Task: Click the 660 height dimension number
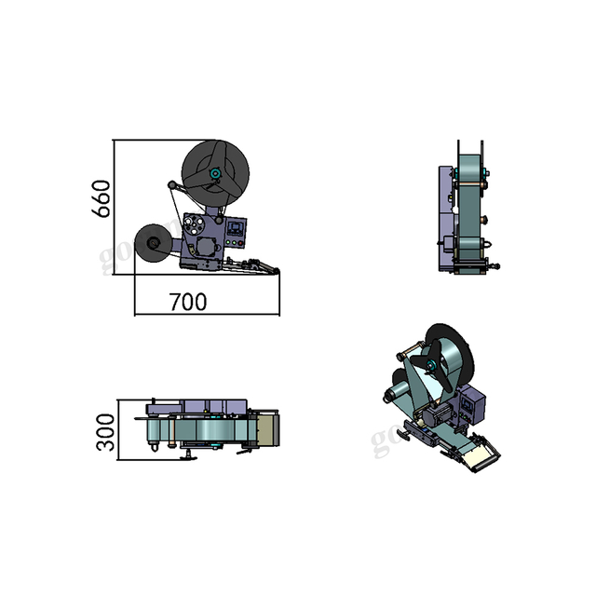pyautogui.click(x=102, y=197)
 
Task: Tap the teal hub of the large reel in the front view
pyautogui.click(x=216, y=173)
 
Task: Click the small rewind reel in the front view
pyautogui.click(x=151, y=245)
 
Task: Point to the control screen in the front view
pyautogui.click(x=237, y=226)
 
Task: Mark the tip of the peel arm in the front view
pyautogui.click(x=276, y=272)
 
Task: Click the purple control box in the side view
pyautogui.click(x=444, y=219)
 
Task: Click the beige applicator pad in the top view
pyautogui.click(x=268, y=429)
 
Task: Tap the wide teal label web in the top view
pyautogui.click(x=210, y=431)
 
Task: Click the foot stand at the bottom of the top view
pyautogui.click(x=189, y=455)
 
